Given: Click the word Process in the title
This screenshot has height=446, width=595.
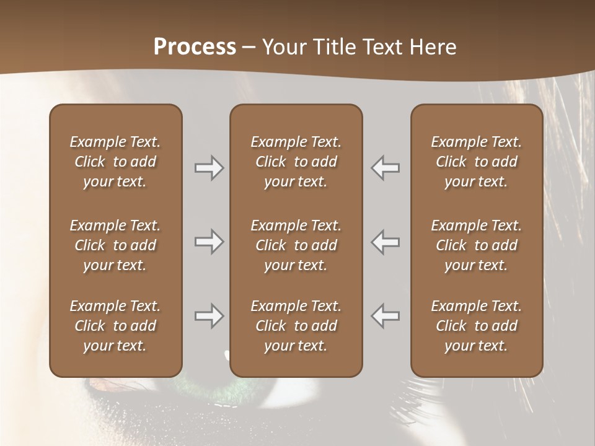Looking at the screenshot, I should [195, 47].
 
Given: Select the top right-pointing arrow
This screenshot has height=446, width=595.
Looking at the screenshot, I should [209, 168].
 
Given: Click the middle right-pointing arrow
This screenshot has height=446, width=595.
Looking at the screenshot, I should [209, 242].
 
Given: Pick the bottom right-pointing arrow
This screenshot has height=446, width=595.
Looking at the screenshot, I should [209, 316].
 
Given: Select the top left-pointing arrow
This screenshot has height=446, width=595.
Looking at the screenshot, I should [385, 168].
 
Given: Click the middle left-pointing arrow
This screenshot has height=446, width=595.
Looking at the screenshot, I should [385, 242].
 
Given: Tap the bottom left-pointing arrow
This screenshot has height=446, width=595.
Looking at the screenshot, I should [385, 316].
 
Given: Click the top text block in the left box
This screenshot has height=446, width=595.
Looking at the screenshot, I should [115, 162].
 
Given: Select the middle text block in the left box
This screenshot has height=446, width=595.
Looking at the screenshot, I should [115, 245].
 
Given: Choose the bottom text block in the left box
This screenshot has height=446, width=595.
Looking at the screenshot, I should [115, 326].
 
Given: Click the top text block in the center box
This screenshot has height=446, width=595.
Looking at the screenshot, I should [296, 162].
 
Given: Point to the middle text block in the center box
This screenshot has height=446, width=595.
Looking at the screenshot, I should [296, 245].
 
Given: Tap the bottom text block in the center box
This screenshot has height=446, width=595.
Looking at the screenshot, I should [296, 326].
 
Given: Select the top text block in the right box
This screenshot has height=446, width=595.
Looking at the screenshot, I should [477, 162].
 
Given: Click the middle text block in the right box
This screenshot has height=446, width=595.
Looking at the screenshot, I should [477, 245].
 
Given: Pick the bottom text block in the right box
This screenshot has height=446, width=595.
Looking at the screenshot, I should [477, 326].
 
